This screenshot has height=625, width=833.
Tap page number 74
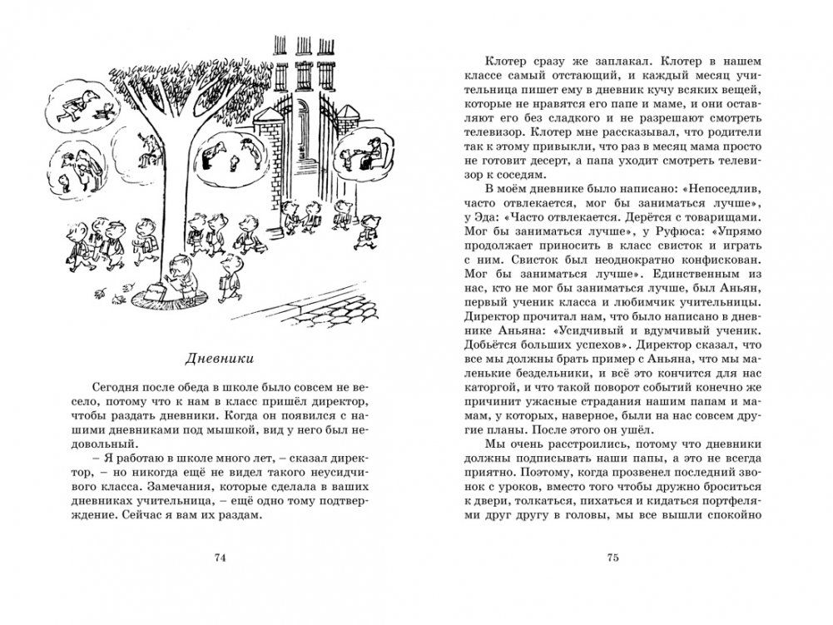point(221,558)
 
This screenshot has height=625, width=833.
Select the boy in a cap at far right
point(367,230)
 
